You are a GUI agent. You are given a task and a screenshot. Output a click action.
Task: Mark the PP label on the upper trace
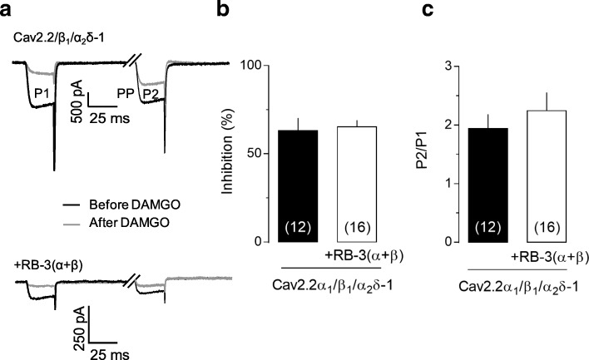tap(126, 92)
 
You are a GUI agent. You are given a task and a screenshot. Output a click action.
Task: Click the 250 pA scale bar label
tap(76, 324)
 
